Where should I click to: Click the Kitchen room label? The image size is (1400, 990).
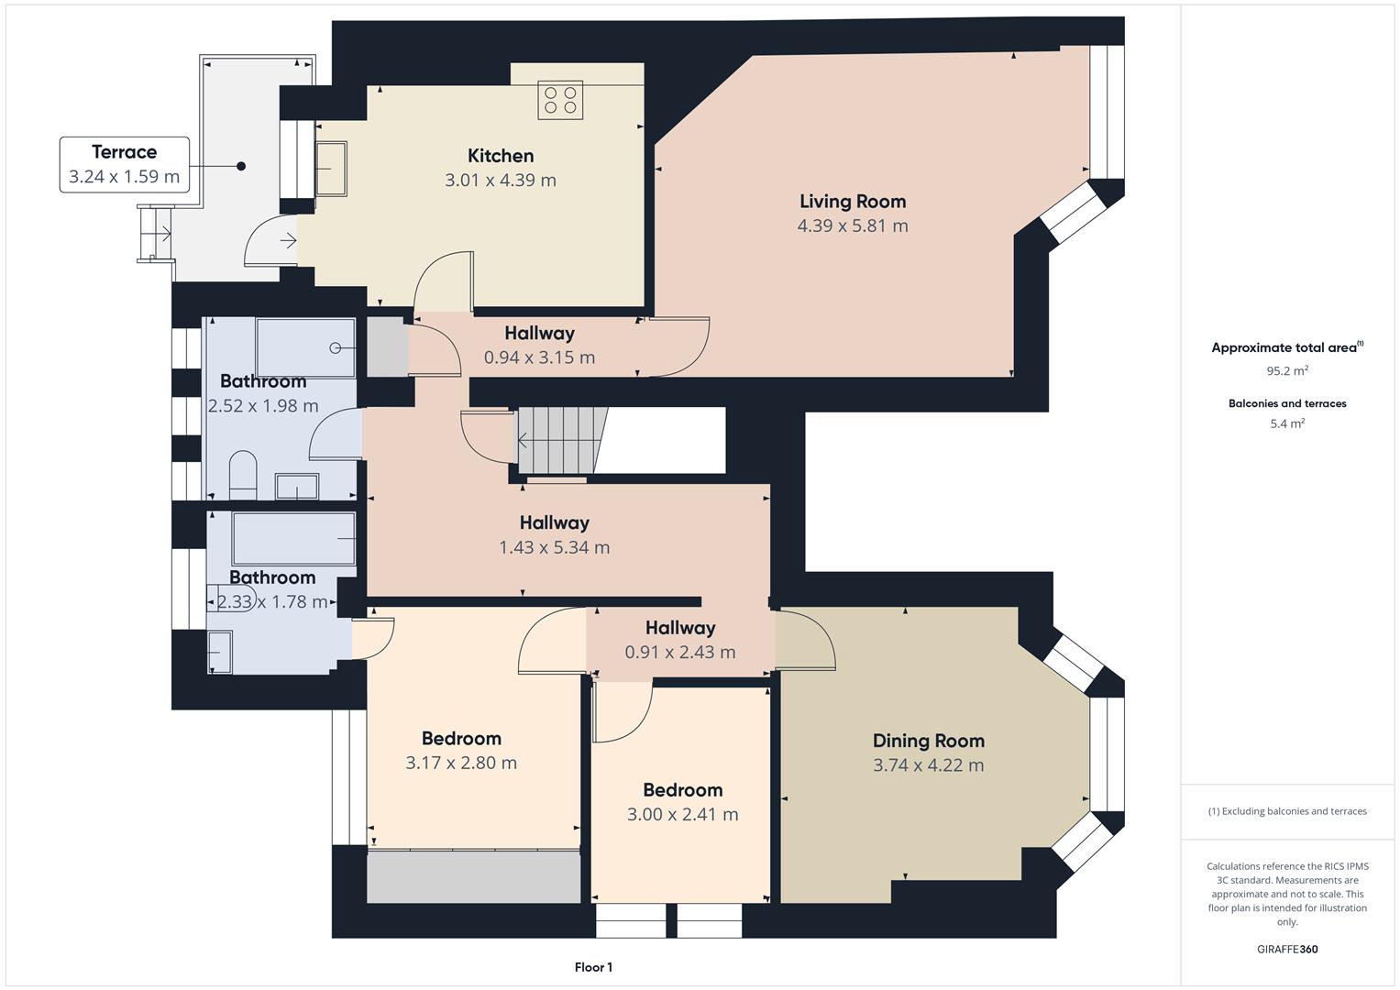(501, 156)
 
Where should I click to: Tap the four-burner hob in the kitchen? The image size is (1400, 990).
(560, 100)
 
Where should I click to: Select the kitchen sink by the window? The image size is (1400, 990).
(331, 169)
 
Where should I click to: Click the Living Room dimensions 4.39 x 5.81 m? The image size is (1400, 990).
(853, 225)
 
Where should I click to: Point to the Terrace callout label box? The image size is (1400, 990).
(125, 164)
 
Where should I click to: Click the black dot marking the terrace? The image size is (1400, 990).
(241, 166)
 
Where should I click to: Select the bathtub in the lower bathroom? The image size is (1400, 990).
(293, 539)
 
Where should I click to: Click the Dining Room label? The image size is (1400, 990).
(929, 741)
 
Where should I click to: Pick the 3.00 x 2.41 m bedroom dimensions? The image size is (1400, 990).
(682, 814)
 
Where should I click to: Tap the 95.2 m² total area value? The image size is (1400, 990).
(1287, 370)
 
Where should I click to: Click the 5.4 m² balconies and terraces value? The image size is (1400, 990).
(1287, 423)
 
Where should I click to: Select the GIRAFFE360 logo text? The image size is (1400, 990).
(1287, 949)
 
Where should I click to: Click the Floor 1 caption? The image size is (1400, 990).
(593, 967)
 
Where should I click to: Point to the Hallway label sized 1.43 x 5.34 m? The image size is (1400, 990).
(555, 522)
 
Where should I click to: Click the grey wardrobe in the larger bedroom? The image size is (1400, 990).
(474, 876)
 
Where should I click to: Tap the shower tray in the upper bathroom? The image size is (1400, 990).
(305, 348)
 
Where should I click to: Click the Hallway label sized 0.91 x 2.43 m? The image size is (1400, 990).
(680, 628)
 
